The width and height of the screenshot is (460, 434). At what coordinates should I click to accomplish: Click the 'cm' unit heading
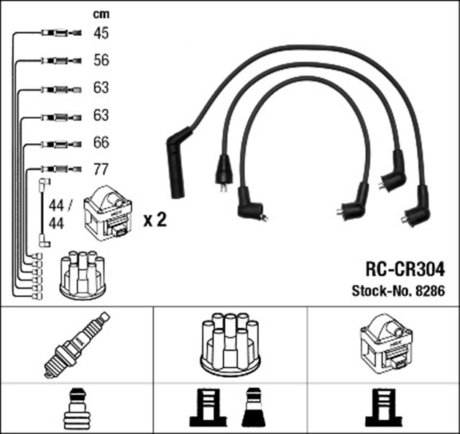[x=101, y=14]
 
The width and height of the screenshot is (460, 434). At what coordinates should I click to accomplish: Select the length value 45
[x=101, y=32]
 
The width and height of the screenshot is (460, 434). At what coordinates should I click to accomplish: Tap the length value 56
[x=101, y=60]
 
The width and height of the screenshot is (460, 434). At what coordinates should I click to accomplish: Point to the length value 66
[x=101, y=143]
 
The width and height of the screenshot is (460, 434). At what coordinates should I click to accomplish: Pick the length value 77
[x=101, y=170]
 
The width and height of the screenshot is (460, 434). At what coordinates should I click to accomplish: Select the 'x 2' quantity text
[x=155, y=220]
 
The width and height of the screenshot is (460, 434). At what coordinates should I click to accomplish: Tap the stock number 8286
[x=398, y=291]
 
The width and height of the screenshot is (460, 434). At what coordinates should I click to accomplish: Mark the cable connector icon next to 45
[x=57, y=33]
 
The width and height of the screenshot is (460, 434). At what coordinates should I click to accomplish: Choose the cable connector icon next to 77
[x=57, y=171]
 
